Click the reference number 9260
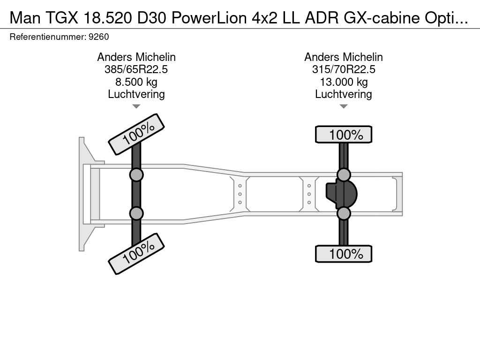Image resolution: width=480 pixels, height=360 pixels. pos(98,37)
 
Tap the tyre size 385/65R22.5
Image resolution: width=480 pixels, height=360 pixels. pos(136,69)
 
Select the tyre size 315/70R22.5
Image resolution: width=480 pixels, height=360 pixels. pos(344,69)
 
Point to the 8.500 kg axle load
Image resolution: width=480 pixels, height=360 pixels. pos(136,82)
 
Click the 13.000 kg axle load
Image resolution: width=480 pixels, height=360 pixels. pos(344,82)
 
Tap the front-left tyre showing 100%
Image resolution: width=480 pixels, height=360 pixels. pos(136,134)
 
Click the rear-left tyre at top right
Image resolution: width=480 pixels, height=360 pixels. pos(344,135)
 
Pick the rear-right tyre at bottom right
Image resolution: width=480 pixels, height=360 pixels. pos(344,254)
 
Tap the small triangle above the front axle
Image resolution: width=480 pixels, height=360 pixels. pos(136,106)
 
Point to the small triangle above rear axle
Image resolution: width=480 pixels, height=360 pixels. pos(344,106)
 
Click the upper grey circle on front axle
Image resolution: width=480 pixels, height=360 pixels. pos(136,175)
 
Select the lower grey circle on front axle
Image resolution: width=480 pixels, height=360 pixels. pos(136,213)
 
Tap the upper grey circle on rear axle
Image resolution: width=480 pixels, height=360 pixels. pos(344,175)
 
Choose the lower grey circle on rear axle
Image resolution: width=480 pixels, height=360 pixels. pos(344,213)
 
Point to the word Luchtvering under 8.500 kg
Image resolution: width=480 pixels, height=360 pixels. pos(136,94)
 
